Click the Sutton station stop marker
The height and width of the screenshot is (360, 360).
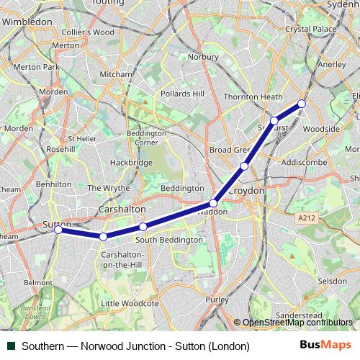coord(58,230)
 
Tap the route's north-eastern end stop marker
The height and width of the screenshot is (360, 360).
coord(302,104)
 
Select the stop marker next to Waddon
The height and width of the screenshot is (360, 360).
coord(213,203)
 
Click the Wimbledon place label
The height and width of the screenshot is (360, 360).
coord(27,22)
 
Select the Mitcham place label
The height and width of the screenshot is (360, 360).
coord(116,74)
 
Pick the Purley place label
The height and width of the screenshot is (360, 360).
coord(217,299)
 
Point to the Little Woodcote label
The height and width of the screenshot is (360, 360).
coord(130,304)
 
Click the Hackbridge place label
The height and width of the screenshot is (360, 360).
coord(131,163)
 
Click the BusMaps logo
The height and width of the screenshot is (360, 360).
coord(326,346)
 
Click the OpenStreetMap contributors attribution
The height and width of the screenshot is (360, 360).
coord(295,323)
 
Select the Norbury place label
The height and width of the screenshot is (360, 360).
coord(203,56)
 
